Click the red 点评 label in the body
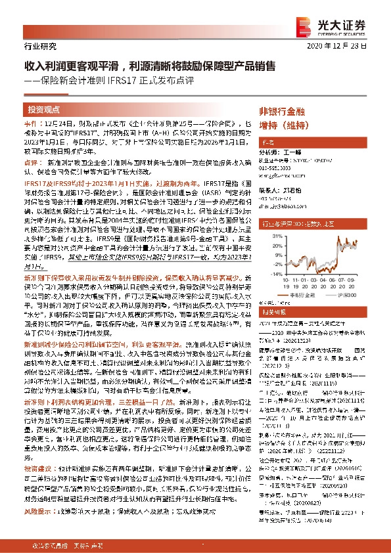(30, 162)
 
